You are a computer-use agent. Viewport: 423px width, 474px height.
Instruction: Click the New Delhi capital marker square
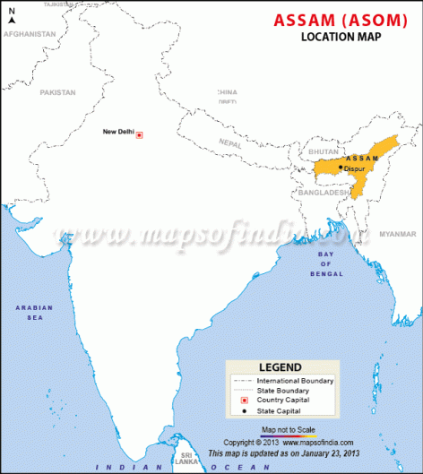(x=139, y=134)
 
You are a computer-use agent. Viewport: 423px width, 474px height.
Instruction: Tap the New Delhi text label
(x=118, y=133)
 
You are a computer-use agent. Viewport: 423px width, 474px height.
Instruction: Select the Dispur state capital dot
(x=341, y=168)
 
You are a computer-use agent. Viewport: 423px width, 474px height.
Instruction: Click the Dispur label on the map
(x=354, y=168)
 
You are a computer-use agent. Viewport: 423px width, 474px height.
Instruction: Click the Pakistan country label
(x=57, y=91)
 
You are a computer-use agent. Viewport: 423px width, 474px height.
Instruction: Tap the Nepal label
(x=230, y=143)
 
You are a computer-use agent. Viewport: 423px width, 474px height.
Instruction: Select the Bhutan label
(x=322, y=151)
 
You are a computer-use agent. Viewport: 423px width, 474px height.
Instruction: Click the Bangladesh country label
(x=324, y=192)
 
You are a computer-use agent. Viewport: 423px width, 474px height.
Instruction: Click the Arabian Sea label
(x=34, y=312)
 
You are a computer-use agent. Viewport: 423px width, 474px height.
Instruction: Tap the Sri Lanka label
(x=187, y=457)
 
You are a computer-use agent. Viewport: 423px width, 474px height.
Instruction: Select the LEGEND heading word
(x=280, y=367)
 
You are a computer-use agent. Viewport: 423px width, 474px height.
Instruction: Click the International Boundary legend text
(x=295, y=381)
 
